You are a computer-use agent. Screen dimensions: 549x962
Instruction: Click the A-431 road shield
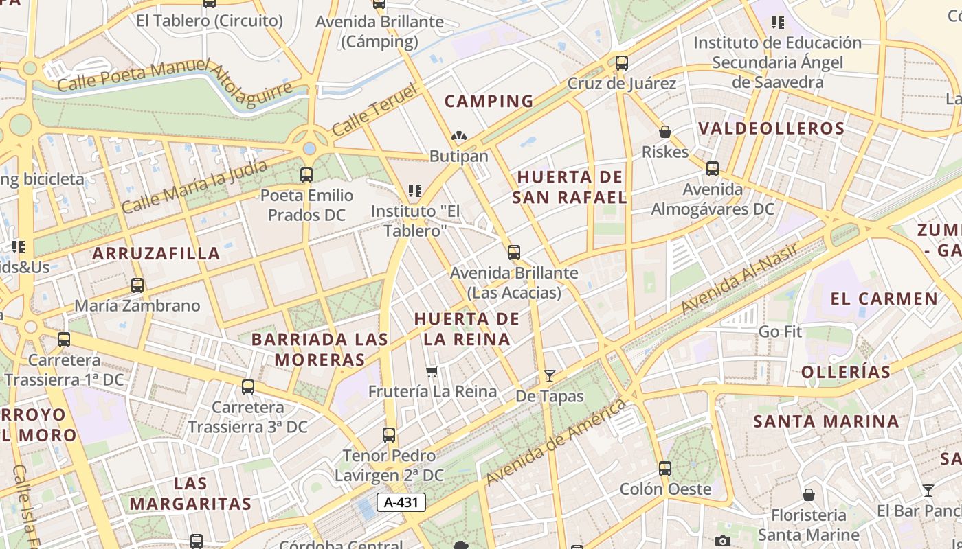401,502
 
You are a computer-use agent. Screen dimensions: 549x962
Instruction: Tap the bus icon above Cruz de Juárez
622,62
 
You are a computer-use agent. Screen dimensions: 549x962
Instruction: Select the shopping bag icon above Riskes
664,131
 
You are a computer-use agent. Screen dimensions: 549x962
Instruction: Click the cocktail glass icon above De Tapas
549,375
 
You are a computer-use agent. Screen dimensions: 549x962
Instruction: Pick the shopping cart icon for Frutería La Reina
432,371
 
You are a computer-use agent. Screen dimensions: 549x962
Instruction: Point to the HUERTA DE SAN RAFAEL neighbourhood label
570,187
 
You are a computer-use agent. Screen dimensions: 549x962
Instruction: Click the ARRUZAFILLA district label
157,253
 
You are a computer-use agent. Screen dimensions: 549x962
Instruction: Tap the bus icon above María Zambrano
137,285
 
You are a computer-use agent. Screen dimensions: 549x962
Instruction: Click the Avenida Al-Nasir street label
739,279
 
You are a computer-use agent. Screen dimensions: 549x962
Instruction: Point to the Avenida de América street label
556,442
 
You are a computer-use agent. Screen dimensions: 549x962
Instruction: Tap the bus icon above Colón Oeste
664,469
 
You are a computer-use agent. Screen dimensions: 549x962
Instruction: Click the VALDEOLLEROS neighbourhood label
771,128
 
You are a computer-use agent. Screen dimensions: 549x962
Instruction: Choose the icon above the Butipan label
458,137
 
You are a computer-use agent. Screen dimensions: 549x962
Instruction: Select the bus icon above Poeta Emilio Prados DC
306,175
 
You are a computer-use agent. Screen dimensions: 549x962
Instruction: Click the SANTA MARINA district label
826,421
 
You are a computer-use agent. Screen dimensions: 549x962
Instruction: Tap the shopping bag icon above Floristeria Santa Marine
809,495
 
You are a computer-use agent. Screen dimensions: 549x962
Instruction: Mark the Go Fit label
780,331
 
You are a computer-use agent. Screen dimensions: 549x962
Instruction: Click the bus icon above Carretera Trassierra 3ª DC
248,387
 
